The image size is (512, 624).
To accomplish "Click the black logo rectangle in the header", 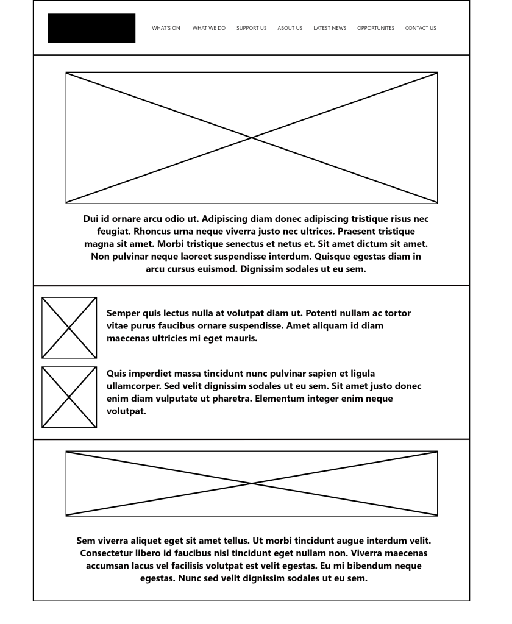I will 91,28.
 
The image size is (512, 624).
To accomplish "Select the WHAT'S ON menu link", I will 166,28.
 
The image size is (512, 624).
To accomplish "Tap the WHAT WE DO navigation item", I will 208,28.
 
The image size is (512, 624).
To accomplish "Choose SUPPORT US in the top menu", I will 251,28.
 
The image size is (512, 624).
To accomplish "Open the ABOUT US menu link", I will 290,28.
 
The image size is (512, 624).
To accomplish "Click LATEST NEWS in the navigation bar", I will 330,28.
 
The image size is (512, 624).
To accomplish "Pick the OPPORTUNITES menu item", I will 375,28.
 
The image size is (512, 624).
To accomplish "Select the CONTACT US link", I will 421,28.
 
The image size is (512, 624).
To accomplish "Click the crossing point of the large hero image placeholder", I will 252,138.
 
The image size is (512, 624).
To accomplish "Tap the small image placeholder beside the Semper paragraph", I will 69,328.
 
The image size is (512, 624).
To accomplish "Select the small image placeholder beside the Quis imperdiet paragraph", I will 69,397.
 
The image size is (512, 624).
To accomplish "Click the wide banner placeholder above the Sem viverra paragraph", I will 252,483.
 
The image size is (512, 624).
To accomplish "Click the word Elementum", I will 281,399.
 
